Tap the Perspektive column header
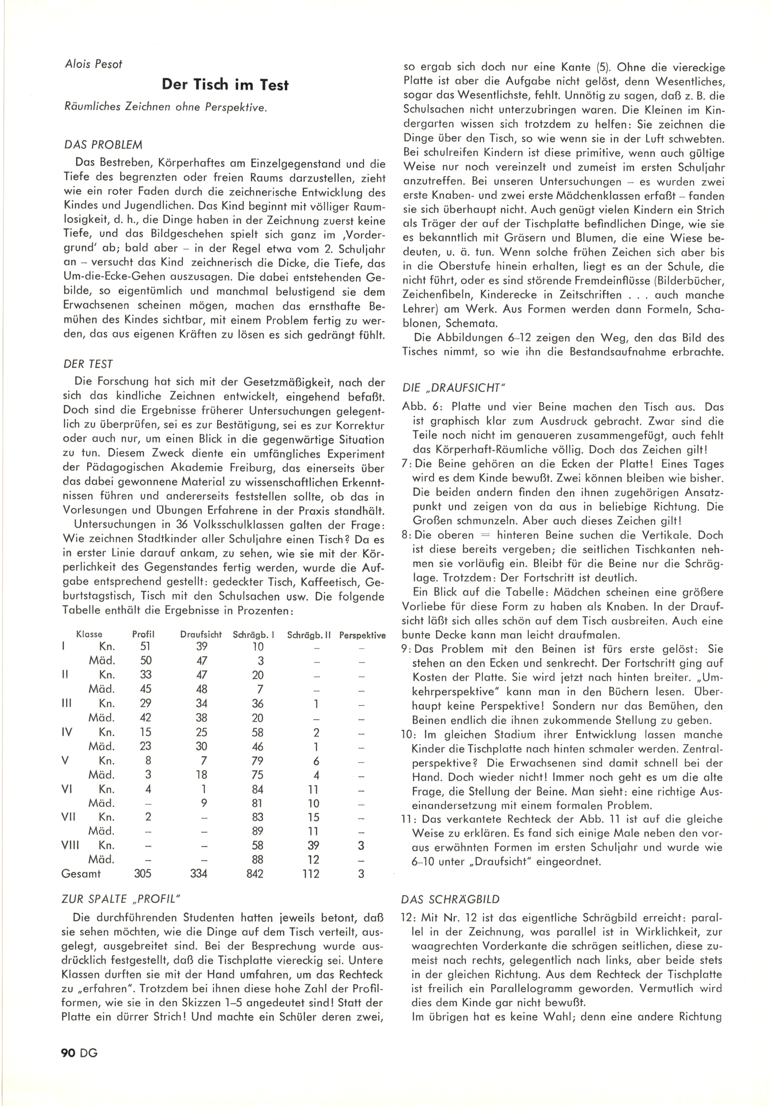click(x=362, y=635)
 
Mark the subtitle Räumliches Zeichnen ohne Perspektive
click(x=165, y=108)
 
